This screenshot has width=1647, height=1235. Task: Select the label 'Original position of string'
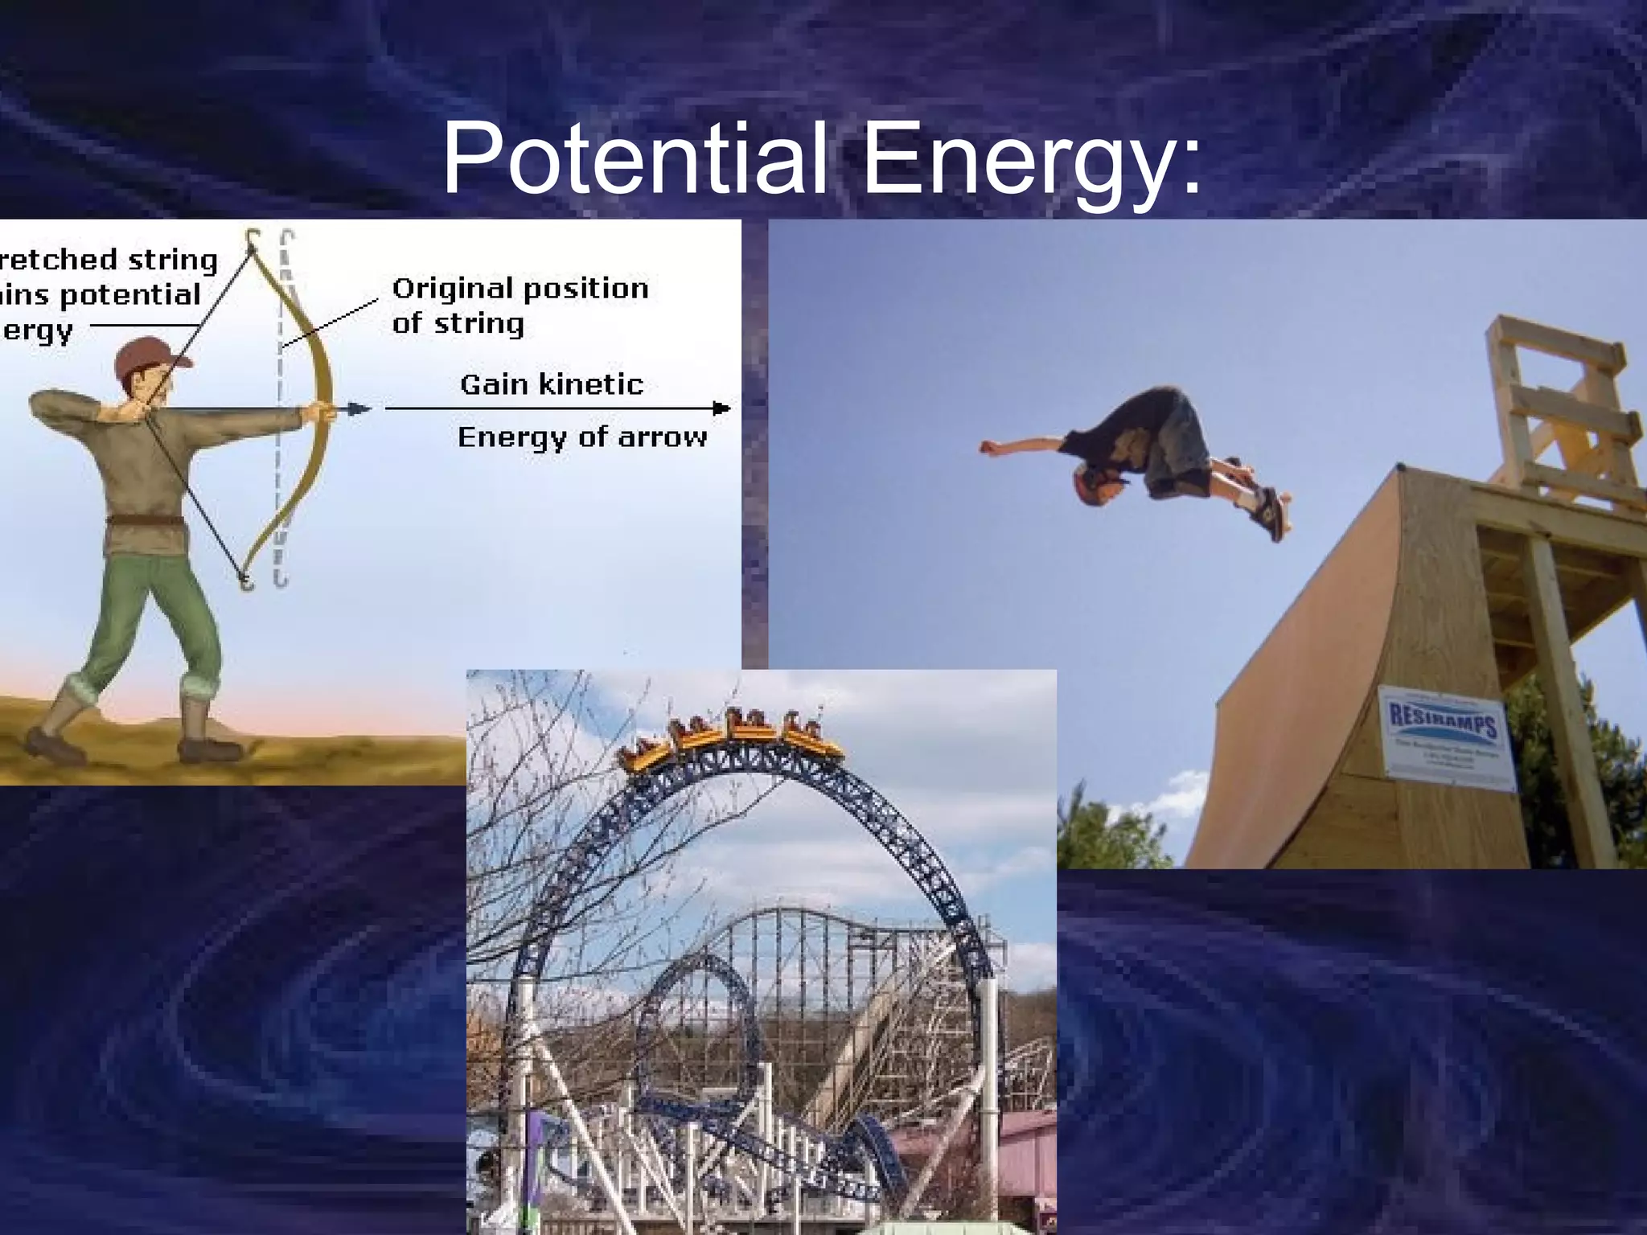pos(520,306)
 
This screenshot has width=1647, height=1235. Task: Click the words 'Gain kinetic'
pos(552,384)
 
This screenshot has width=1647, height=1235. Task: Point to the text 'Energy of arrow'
pos(582,437)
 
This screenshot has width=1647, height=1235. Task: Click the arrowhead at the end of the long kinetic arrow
pos(721,408)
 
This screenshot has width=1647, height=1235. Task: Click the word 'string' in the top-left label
pos(178,261)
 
